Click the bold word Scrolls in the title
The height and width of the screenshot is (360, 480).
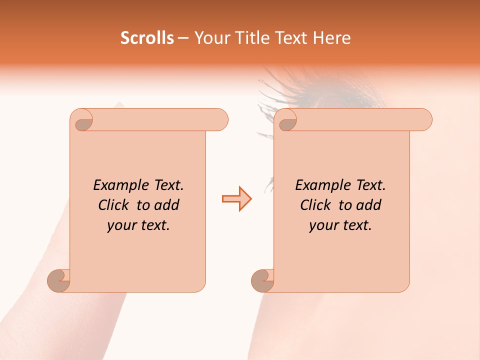pos(147,38)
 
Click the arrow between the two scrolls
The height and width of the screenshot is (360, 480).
pos(236,199)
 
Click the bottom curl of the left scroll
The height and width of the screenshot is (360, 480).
pos(59,280)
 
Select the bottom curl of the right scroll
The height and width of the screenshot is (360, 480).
pos(263,280)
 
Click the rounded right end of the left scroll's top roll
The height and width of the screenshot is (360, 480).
pos(220,120)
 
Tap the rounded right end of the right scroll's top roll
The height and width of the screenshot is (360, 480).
pos(424,120)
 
